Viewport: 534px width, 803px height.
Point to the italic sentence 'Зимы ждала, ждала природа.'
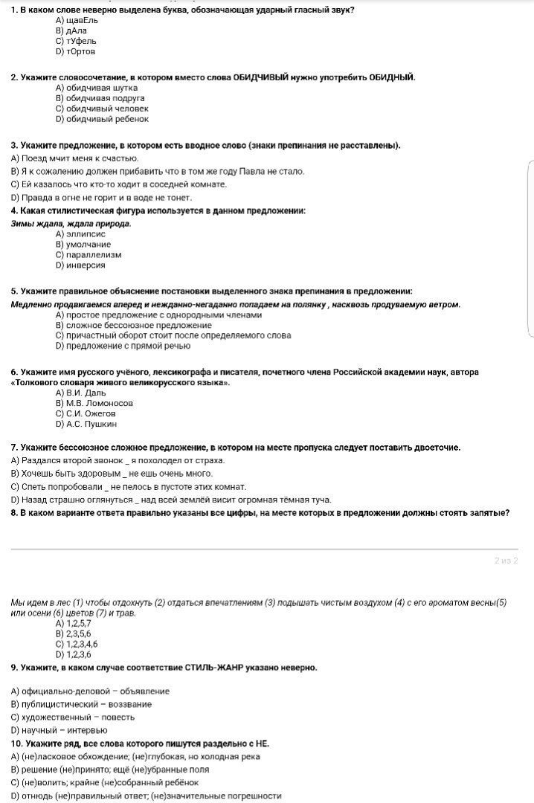71,223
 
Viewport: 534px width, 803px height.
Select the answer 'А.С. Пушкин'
86,424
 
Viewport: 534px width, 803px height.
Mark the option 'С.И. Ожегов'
86,413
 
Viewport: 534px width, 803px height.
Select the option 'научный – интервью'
59,729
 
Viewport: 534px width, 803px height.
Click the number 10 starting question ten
16,743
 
